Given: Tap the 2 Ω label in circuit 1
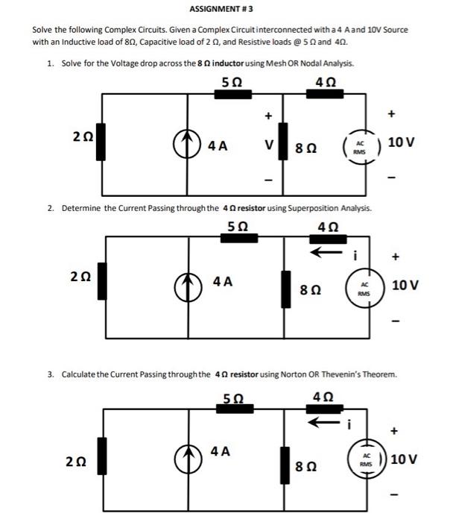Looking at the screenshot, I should point(83,137).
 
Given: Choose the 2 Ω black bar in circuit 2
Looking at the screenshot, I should point(102,283).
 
